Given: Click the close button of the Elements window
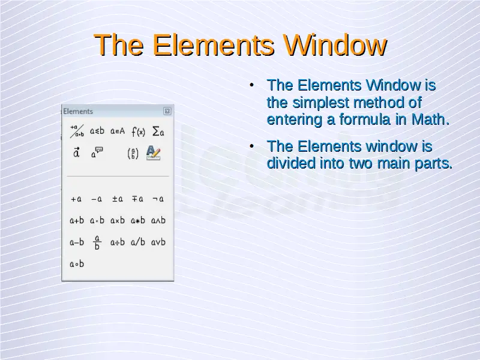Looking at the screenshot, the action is (x=167, y=111).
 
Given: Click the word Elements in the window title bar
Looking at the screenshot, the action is (x=78, y=112).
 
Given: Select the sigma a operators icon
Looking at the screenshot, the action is (x=158, y=131).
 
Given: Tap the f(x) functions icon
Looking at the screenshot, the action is (x=138, y=131).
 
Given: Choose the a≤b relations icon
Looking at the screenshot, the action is (x=97, y=131).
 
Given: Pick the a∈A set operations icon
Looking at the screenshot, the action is (x=118, y=131).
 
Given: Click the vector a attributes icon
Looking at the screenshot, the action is (x=77, y=152).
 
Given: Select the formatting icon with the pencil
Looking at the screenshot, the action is (x=154, y=153).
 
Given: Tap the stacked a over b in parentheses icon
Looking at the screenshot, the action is (x=133, y=154).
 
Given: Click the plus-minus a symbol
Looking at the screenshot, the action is (x=118, y=199).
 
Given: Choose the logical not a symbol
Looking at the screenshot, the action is (x=158, y=199).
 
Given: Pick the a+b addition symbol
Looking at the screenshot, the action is (x=77, y=220).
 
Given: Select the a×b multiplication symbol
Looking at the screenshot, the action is (x=118, y=220).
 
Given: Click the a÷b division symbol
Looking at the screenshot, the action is (x=118, y=242).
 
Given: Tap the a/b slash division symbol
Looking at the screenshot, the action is (x=138, y=242).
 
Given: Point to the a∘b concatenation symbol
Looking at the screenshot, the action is (x=77, y=264).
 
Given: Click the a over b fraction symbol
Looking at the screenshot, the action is (x=97, y=242).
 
